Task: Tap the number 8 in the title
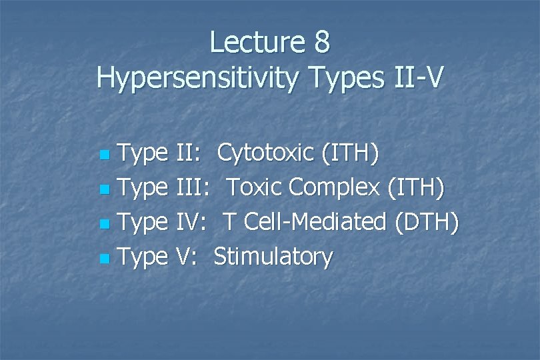point(321,43)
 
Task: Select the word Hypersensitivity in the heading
point(193,78)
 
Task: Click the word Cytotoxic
point(265,153)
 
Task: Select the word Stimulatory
point(273,257)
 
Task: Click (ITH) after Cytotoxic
point(350,153)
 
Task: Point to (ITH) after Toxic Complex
point(415,188)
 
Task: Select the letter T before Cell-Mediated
point(230,222)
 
